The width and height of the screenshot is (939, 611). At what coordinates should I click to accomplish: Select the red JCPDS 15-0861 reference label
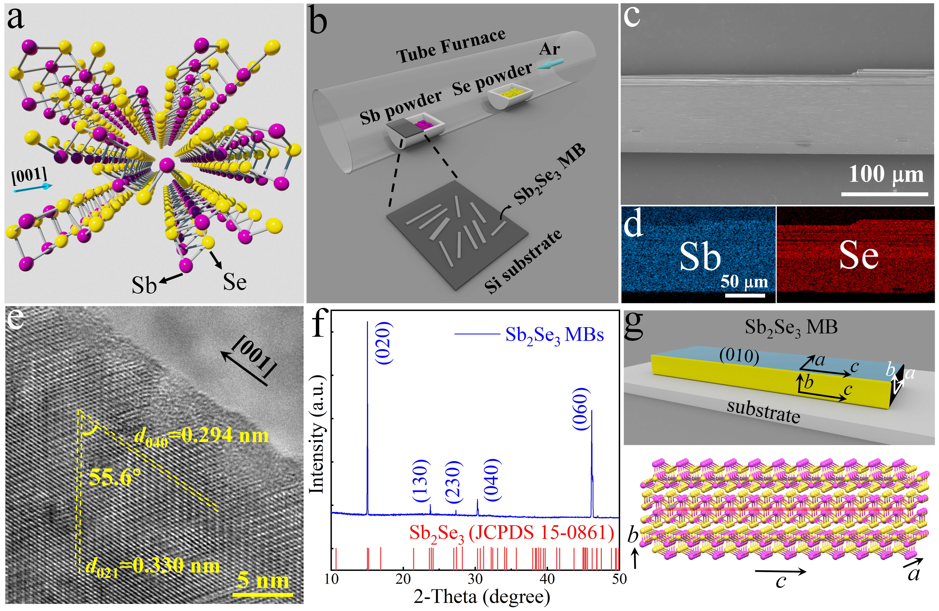point(511,533)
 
